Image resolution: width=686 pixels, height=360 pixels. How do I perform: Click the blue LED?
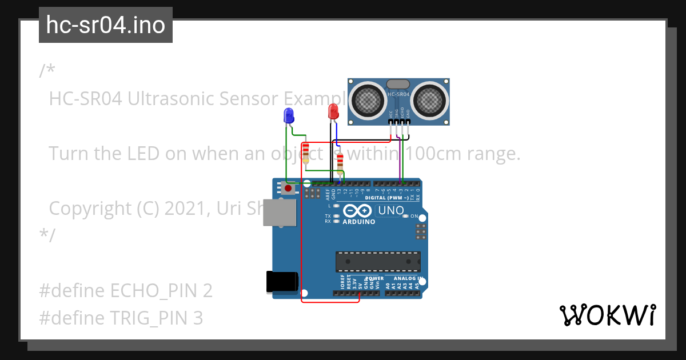pyautogui.click(x=289, y=116)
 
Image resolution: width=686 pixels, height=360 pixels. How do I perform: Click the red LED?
pyautogui.click(x=333, y=111)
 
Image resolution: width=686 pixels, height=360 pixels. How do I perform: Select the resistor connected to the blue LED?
pyautogui.click(x=306, y=152)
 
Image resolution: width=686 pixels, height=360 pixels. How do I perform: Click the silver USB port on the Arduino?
pyautogui.click(x=280, y=213)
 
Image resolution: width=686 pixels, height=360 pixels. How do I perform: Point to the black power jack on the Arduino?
pyautogui.click(x=282, y=282)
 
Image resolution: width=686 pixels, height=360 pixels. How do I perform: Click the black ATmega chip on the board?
pyautogui.click(x=378, y=262)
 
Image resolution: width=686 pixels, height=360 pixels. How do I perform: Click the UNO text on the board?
pyautogui.click(x=391, y=211)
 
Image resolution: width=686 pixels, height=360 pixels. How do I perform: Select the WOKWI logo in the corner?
pyautogui.click(x=607, y=315)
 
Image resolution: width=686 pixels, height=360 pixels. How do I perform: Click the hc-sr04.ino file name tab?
pyautogui.click(x=106, y=25)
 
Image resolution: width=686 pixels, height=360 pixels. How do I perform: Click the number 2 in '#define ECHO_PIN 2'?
pyautogui.click(x=208, y=291)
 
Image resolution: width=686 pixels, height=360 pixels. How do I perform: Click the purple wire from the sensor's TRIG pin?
pyautogui.click(x=398, y=160)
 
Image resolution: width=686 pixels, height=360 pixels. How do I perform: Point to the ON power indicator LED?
pyautogui.click(x=405, y=216)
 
